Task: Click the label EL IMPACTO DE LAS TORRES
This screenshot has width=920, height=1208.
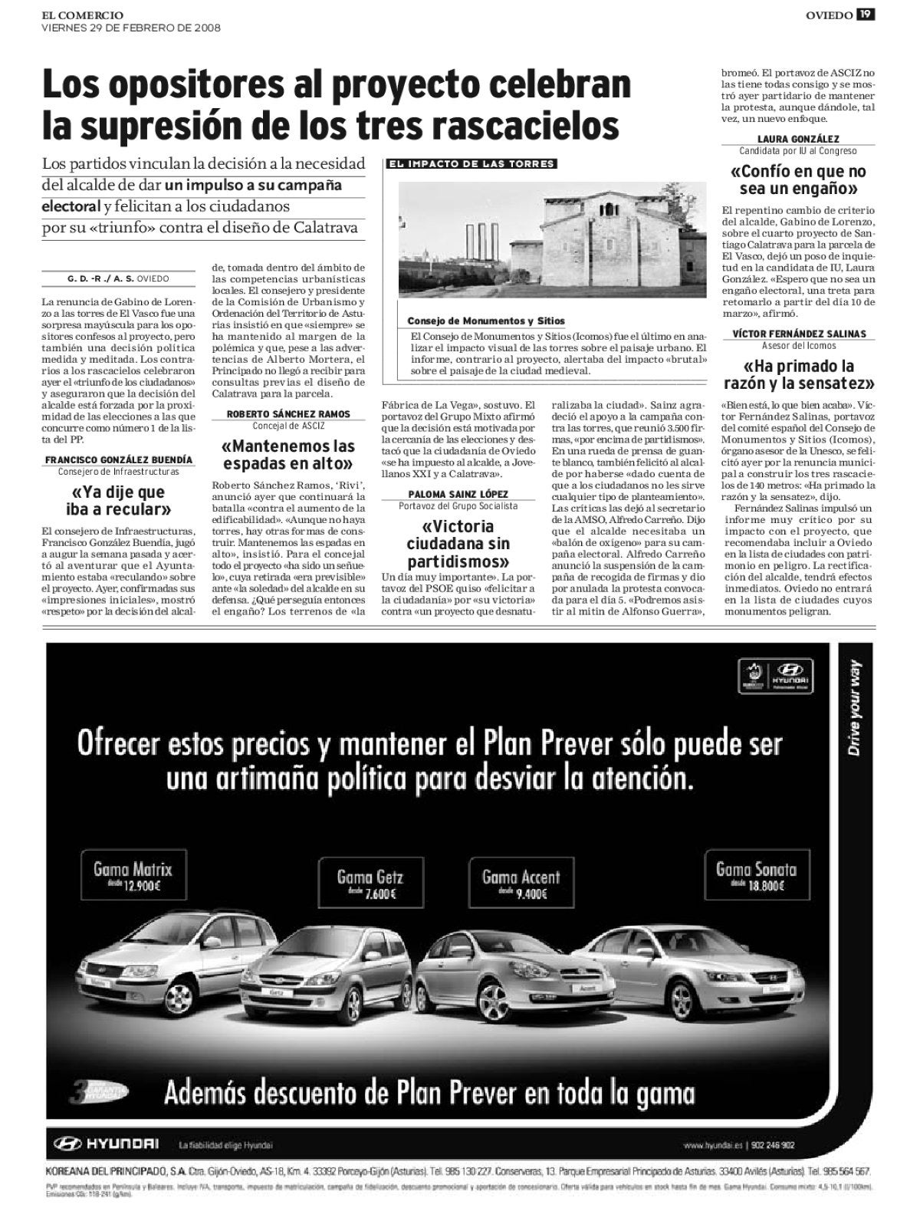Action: coord(472,164)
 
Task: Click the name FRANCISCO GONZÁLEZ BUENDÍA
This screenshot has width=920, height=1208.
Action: coord(118,460)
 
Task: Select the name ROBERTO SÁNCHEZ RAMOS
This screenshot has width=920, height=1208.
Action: coord(288,414)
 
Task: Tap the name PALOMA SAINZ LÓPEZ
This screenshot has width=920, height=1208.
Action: coord(458,495)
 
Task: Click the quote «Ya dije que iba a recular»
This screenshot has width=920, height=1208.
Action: coord(118,500)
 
